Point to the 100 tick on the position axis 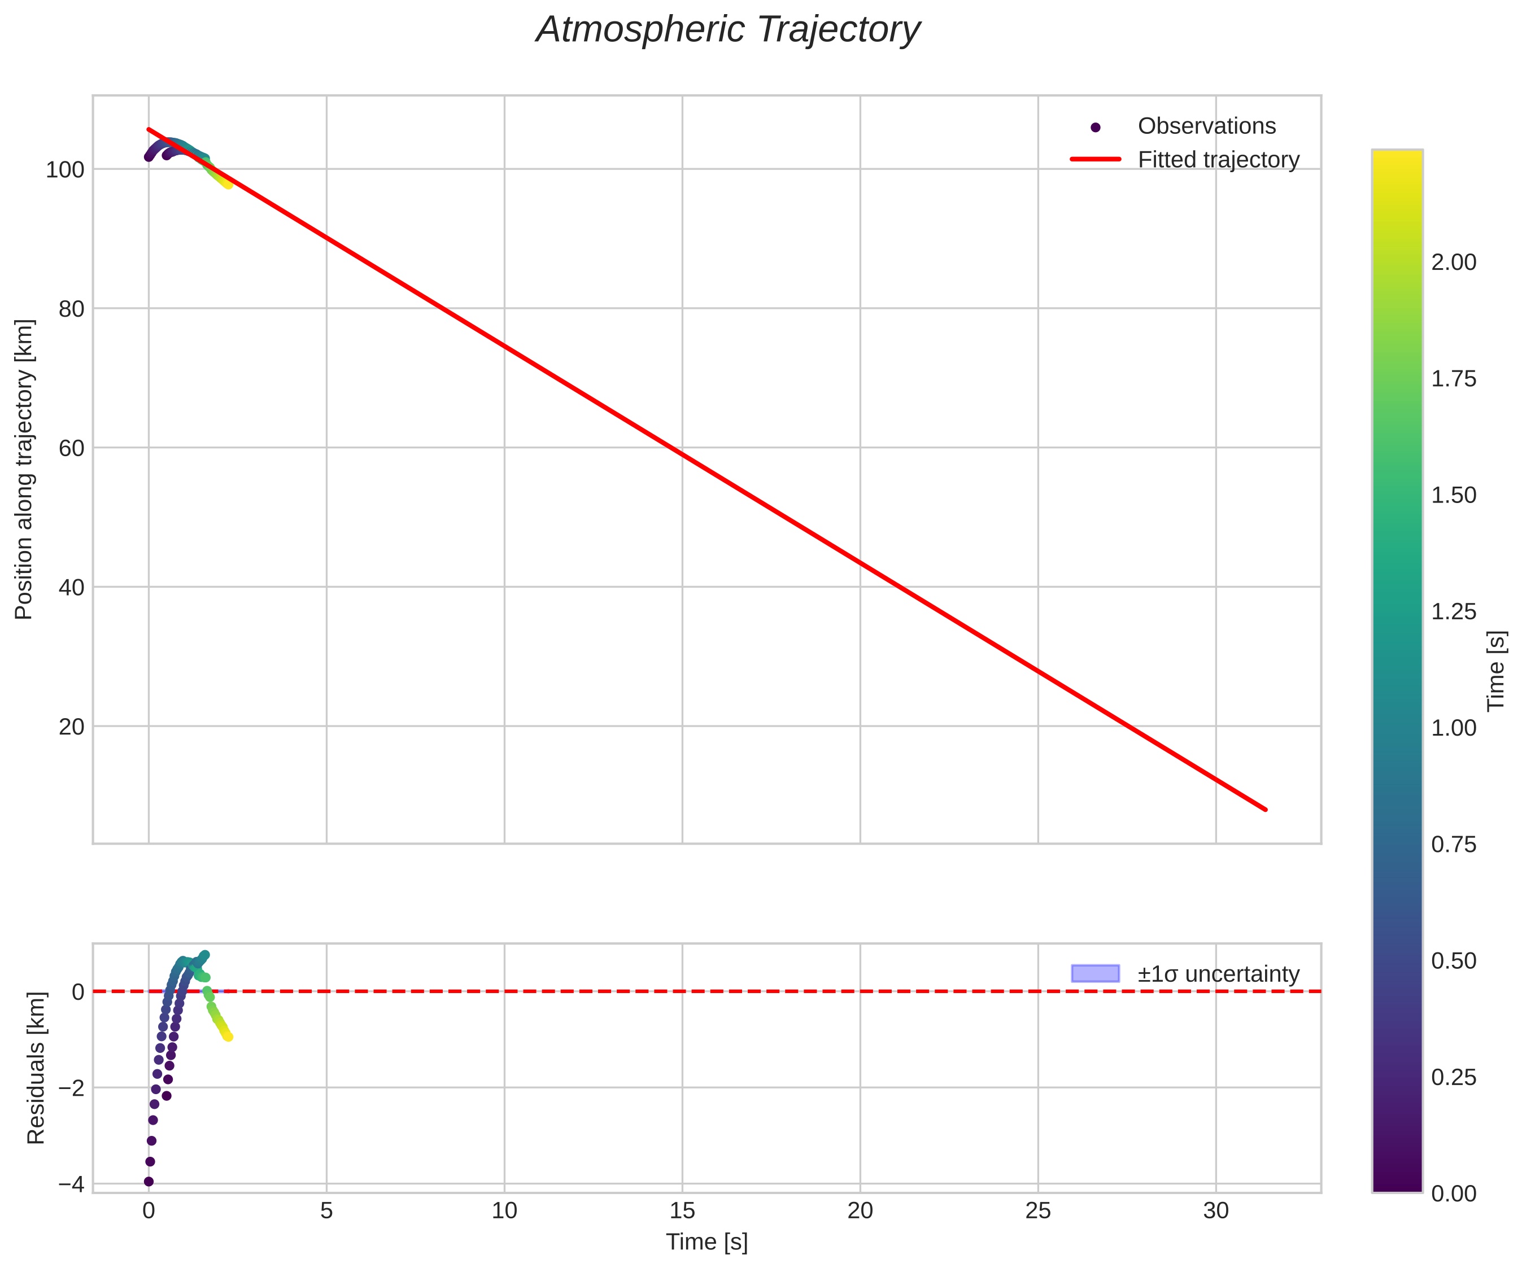[x=66, y=170]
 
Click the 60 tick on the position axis [x=71, y=448]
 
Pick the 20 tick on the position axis [x=71, y=727]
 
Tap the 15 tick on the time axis [x=682, y=1211]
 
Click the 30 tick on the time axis [x=1216, y=1211]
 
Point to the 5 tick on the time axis [x=326, y=1211]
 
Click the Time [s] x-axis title [x=707, y=1242]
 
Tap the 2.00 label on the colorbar [x=1453, y=263]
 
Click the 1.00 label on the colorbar [x=1453, y=728]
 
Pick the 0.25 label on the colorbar [x=1453, y=1077]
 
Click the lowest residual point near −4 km [x=149, y=1182]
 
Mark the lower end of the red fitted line [x=1266, y=810]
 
